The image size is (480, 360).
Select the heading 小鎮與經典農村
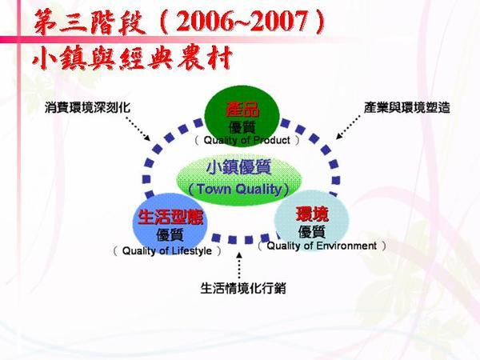[132, 58]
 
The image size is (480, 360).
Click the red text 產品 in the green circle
[242, 110]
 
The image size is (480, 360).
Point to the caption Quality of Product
[246, 140]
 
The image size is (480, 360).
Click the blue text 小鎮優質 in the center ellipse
[238, 168]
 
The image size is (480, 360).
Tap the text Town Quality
[239, 189]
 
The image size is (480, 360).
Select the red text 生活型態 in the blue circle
[170, 217]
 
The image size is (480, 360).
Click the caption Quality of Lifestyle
[167, 250]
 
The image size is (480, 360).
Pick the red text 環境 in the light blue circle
[312, 214]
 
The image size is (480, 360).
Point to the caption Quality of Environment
[322, 246]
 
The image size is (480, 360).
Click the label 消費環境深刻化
[87, 107]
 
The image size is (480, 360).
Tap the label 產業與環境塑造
[407, 107]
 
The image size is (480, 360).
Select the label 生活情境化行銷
[243, 288]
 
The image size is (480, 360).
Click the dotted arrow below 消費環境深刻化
[138, 129]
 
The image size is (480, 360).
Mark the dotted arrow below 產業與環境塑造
[348, 127]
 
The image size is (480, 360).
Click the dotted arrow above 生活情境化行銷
[239, 266]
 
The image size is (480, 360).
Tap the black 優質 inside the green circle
[242, 127]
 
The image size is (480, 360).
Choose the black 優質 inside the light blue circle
[312, 232]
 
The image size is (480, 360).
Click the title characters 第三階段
[90, 22]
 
